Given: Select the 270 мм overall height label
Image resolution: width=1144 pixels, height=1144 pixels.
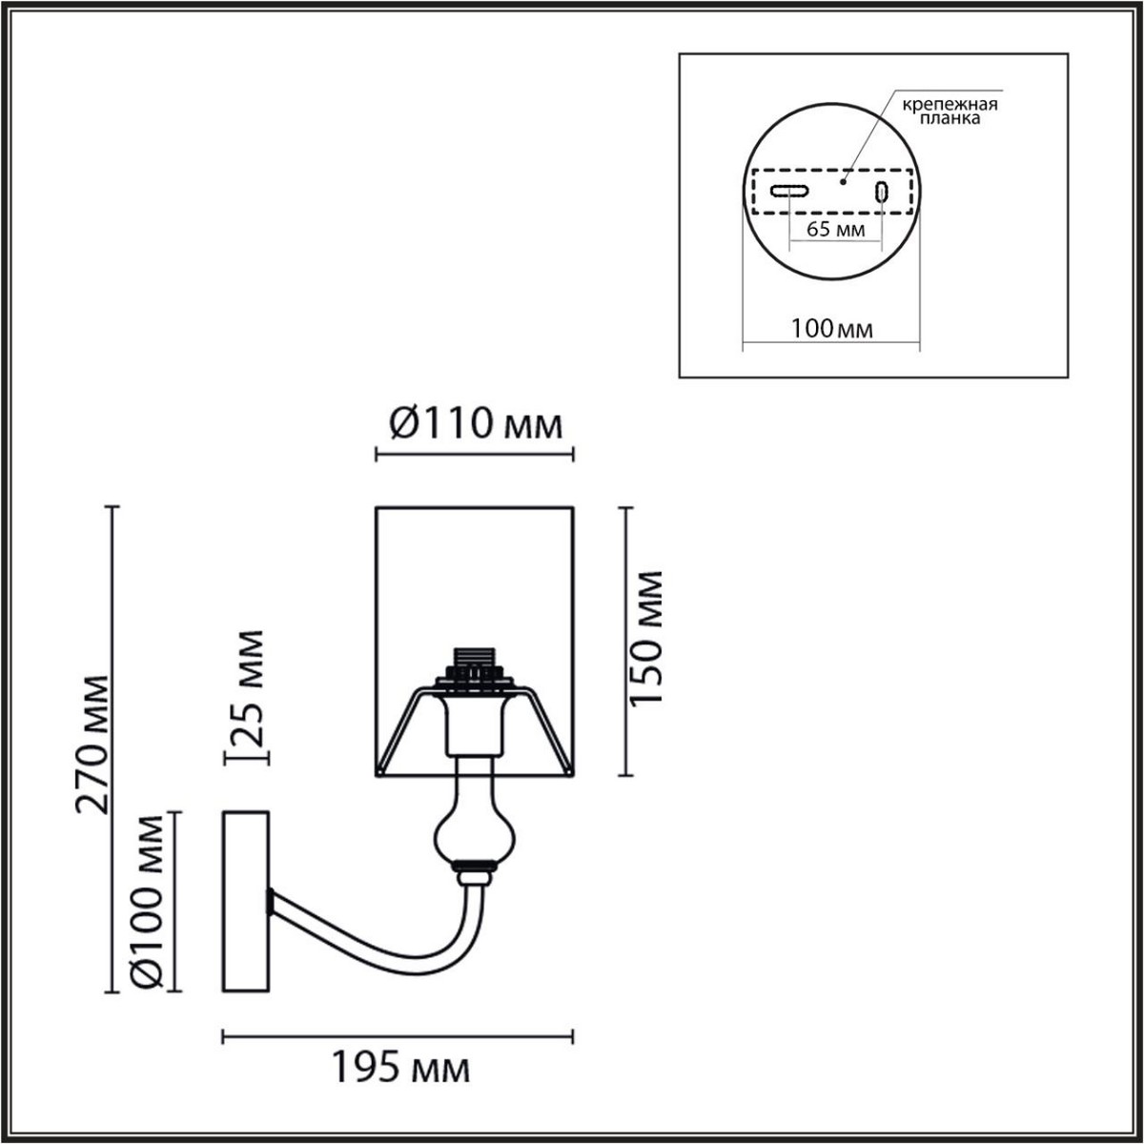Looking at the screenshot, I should tap(93, 744).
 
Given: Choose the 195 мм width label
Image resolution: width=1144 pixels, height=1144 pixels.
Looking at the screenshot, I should tap(400, 1069).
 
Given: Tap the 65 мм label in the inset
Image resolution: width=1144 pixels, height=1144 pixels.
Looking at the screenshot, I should tap(834, 230).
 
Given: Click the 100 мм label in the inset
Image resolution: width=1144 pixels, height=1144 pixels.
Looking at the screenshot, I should tap(831, 329).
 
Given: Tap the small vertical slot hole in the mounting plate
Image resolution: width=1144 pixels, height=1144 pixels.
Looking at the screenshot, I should tap(882, 192).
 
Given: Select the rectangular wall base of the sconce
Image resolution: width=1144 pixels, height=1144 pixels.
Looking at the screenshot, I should tap(246, 902).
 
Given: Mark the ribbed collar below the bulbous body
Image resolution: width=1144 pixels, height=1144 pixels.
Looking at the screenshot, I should tap(475, 868).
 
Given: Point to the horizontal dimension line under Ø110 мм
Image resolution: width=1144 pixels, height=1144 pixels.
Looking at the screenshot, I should tap(474, 456).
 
